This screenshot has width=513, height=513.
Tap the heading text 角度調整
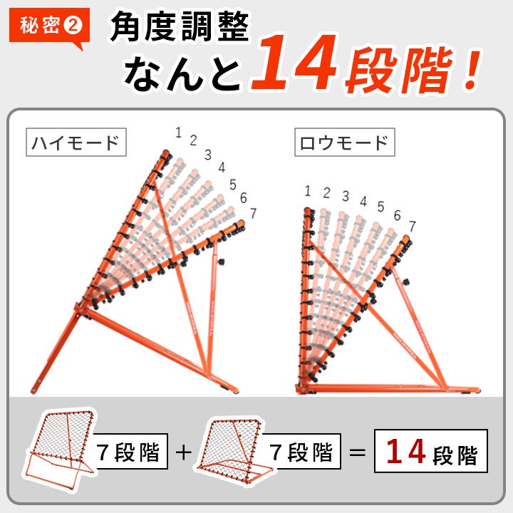180,26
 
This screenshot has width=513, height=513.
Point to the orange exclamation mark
472,70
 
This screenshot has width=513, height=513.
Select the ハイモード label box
76,142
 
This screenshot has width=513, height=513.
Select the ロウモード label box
345,142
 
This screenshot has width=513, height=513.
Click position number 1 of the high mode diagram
178,133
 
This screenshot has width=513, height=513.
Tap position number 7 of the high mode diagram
253,213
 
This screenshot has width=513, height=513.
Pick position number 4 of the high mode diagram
222,167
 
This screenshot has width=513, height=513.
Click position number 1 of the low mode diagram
307,191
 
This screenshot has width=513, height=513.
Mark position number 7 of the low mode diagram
413,226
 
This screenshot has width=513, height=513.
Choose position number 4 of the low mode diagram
363,201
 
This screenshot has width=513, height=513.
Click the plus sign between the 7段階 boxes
184,452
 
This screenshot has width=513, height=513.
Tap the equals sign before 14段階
357,452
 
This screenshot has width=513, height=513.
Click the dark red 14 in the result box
405,452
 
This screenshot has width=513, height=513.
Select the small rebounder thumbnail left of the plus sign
59,449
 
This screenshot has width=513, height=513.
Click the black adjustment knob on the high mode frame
221,261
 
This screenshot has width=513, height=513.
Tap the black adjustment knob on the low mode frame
406,281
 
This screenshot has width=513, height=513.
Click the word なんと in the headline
182,73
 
